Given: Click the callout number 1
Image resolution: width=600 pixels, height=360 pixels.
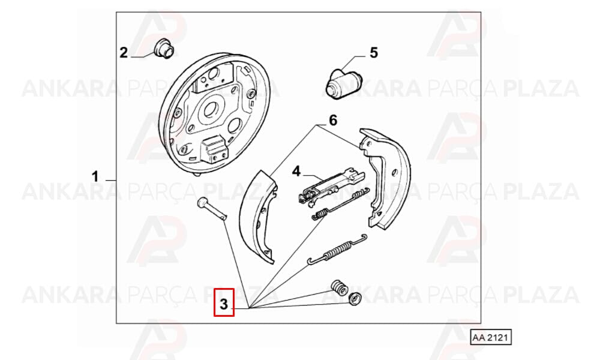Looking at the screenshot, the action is click(x=95, y=177).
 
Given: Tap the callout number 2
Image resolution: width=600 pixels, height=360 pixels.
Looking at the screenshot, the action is click(x=123, y=52).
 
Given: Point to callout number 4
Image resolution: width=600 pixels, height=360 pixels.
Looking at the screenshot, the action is click(x=296, y=171).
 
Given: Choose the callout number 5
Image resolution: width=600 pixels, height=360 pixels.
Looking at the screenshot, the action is click(x=373, y=52).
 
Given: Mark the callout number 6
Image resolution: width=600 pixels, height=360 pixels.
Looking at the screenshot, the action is click(x=333, y=120).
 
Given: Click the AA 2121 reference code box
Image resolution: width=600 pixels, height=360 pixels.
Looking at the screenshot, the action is click(x=491, y=337).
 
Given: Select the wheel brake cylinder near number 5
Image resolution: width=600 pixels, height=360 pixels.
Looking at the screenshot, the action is click(x=343, y=83).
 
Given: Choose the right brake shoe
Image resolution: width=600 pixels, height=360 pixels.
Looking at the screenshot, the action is click(x=385, y=178).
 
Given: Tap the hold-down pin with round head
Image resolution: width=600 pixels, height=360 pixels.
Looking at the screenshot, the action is click(x=212, y=209).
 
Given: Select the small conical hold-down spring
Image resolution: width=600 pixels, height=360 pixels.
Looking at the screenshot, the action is click(x=339, y=287).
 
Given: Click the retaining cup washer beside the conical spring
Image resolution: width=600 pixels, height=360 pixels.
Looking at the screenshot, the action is click(x=355, y=299).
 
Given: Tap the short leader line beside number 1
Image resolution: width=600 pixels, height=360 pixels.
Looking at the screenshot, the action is click(x=110, y=180).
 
